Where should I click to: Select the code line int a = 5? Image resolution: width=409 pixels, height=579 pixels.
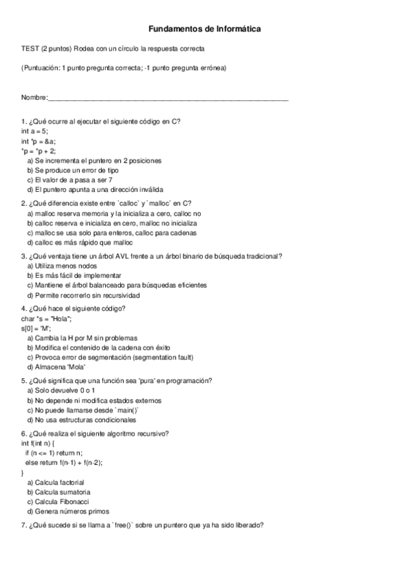[x=35, y=131]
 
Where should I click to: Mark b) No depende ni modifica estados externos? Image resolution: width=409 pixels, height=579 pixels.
[x=98, y=400]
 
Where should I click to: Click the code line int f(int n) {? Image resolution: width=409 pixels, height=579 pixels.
[x=40, y=443]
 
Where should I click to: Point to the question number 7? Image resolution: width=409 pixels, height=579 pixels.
[x=24, y=525]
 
